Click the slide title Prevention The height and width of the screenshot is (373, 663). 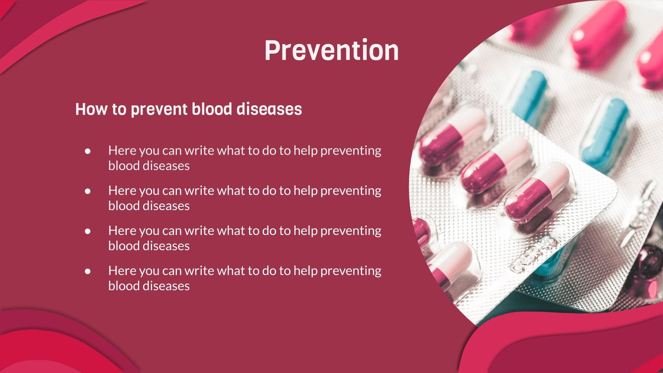(331, 51)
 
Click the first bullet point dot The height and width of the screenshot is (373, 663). (87, 151)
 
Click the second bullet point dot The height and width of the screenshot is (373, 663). (87, 191)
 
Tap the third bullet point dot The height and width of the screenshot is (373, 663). (87, 231)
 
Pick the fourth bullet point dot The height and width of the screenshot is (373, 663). (87, 271)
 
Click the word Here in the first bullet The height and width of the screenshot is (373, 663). (122, 150)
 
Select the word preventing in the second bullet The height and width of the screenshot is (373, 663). (351, 191)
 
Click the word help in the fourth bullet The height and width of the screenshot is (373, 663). (305, 271)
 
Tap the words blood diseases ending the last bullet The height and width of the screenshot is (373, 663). (149, 286)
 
